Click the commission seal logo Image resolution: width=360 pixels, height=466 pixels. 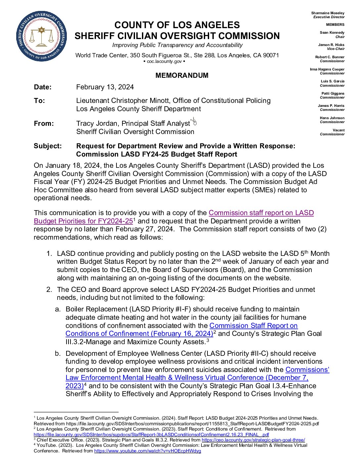(41, 36)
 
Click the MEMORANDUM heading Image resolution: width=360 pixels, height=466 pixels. (182, 75)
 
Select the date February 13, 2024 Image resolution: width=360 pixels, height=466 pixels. (105, 87)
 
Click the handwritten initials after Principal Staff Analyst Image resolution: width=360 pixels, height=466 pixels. (194, 121)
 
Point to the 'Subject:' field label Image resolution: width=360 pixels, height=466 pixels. (48, 146)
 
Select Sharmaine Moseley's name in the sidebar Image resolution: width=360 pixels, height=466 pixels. (328, 13)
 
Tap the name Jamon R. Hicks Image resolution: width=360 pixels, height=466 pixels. (331, 45)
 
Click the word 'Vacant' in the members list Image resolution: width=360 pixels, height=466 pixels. (338, 130)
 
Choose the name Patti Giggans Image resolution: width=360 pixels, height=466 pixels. (333, 93)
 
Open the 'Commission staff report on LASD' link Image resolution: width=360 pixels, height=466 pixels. (261, 213)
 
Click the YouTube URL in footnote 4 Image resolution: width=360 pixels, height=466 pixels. (147, 451)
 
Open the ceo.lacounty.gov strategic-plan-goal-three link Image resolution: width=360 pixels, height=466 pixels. (253, 440)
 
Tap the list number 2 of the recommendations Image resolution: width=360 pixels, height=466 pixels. (49, 290)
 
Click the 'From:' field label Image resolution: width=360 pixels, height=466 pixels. (44, 123)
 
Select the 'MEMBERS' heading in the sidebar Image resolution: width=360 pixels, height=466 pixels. (335, 24)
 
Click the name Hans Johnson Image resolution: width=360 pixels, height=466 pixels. (332, 118)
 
